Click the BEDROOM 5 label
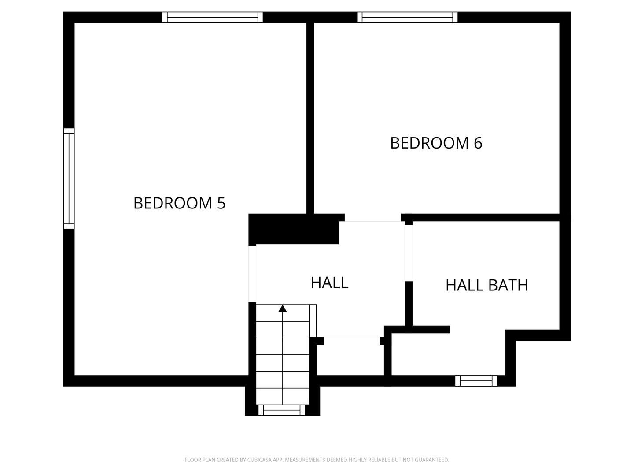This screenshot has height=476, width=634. (179, 203)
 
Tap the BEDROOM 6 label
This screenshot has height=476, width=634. (436, 143)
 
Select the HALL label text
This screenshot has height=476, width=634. (329, 283)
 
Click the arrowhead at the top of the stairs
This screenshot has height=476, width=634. (283, 309)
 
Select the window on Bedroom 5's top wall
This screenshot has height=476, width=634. (213, 17)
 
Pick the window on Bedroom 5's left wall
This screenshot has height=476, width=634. (69, 178)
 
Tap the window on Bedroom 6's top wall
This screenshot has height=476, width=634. (407, 17)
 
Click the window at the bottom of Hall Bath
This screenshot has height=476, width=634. (476, 381)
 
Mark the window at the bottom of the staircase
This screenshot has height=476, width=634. (282, 410)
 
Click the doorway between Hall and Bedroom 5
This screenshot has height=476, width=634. (252, 274)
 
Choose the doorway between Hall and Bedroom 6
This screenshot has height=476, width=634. (372, 218)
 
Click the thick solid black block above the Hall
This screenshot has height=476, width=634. (294, 229)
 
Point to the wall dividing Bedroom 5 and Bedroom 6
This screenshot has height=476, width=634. (310, 119)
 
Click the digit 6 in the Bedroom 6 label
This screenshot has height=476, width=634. (478, 143)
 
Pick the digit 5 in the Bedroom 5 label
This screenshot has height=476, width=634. (221, 203)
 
